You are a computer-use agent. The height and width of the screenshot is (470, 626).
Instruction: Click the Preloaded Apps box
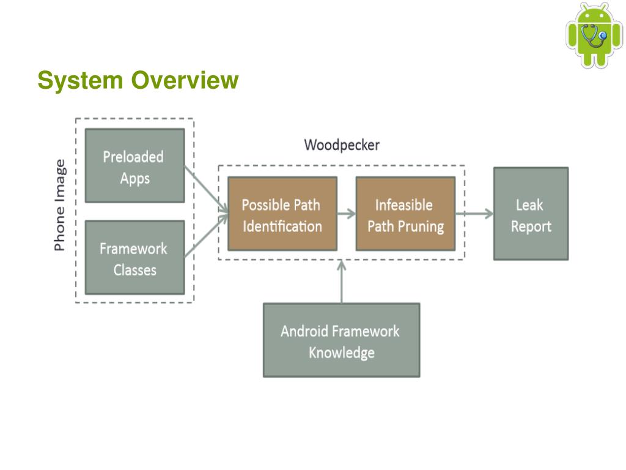point(135,165)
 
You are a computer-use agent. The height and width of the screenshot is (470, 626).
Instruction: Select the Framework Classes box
point(135,258)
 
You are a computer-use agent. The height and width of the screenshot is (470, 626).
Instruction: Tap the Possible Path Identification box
point(282,214)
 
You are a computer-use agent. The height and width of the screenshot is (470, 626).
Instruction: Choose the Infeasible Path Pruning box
point(405,214)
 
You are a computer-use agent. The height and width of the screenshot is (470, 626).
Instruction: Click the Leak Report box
point(531,214)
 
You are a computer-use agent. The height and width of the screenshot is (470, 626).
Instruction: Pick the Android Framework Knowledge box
point(341,340)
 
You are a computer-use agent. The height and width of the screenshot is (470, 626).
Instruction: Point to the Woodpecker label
point(342,144)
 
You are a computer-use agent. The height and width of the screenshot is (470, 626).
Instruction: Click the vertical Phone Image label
point(59,205)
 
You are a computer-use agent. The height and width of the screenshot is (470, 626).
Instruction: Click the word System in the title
point(80,80)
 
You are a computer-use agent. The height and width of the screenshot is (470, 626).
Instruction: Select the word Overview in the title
point(185,80)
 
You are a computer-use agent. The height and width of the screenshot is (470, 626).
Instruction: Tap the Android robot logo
point(594,35)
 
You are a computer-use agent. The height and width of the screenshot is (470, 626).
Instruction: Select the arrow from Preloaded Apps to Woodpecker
point(206,188)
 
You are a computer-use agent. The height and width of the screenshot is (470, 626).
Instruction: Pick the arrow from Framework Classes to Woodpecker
point(206,236)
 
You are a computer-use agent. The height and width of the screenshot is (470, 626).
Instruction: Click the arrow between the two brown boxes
point(346,214)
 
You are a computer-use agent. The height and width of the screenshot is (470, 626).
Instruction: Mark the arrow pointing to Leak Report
point(474,214)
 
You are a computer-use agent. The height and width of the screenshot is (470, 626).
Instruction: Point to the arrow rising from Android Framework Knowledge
point(341,282)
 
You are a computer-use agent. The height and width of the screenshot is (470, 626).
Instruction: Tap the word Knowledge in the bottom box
point(342,352)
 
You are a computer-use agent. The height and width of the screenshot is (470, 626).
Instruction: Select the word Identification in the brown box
point(282,226)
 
